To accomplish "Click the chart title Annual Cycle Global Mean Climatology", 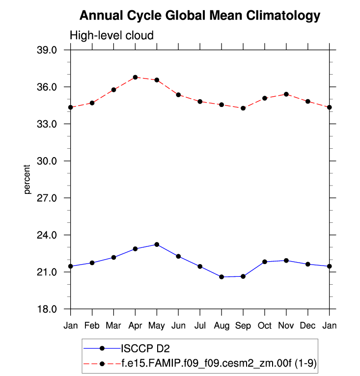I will click(x=199, y=16).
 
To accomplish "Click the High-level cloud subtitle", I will click(x=111, y=35).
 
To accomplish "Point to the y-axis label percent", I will click(x=28, y=180).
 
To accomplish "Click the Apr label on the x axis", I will click(x=135, y=326).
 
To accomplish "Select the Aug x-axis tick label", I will click(x=222, y=326).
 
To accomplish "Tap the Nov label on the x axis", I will click(x=286, y=326).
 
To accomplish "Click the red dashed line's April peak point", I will click(x=135, y=77).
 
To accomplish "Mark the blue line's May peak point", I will click(x=157, y=244).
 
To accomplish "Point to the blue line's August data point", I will click(x=222, y=277).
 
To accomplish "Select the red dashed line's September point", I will click(x=243, y=108).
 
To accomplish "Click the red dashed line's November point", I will click(x=286, y=94).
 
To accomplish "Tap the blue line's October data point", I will click(x=265, y=262).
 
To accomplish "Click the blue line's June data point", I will click(x=178, y=256).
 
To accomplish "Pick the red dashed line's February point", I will click(x=92, y=103).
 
